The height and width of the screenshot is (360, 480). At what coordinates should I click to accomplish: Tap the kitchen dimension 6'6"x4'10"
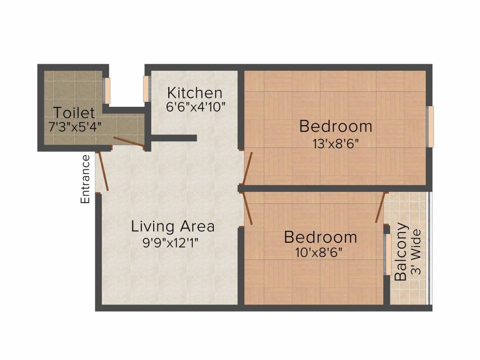(x=196, y=106)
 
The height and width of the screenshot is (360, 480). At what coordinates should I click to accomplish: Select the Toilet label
(x=74, y=112)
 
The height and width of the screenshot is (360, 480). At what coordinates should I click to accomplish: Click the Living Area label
(x=172, y=226)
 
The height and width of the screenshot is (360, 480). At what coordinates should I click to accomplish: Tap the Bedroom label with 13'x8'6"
(x=336, y=126)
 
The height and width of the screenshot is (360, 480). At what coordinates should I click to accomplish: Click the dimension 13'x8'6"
(x=336, y=143)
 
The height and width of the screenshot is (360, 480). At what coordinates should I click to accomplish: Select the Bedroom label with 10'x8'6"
(x=320, y=237)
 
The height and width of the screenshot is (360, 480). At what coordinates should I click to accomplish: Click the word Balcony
(x=401, y=252)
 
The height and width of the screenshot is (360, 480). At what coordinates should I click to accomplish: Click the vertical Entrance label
(x=85, y=179)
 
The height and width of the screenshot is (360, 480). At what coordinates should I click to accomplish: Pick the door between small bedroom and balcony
(x=380, y=207)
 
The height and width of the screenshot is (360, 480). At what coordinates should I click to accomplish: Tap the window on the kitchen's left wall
(x=146, y=88)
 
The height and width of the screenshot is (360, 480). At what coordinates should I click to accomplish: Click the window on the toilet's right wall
(x=106, y=90)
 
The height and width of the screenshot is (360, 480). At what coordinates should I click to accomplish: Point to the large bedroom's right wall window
(x=430, y=126)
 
